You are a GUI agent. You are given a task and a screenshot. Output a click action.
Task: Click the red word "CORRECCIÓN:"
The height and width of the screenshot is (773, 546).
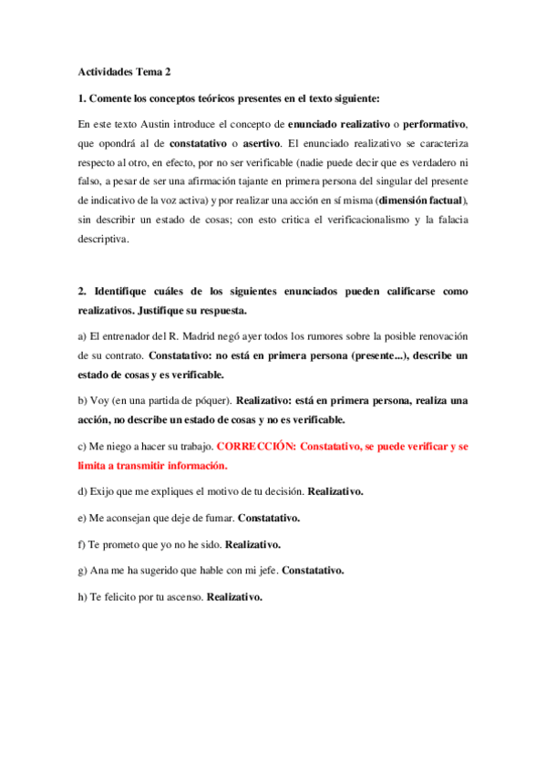pos(254,448)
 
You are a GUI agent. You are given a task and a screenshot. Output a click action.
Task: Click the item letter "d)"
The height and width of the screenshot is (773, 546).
pos(83,492)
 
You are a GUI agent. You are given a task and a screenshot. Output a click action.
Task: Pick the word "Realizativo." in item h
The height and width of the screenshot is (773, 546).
pos(235,598)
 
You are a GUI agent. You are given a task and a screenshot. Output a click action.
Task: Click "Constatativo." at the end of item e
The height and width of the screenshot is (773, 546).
pos(269,519)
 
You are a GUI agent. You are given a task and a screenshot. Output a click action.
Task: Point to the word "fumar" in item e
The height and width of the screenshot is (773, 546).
pos(217,519)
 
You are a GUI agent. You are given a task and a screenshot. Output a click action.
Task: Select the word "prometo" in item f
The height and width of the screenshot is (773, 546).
pos(123,545)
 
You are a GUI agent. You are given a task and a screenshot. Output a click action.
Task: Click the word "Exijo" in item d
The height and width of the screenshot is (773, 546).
pos(103,492)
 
